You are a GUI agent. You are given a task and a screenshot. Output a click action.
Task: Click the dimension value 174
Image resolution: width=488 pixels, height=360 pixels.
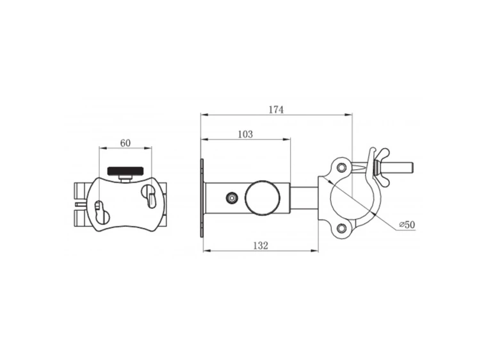point(275,110)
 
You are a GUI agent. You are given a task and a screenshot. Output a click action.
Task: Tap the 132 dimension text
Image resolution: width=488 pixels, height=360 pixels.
point(259,245)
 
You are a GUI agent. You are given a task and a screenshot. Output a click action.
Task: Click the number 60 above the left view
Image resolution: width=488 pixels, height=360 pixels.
point(125,143)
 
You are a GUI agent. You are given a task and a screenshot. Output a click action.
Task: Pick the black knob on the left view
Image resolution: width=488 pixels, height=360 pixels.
point(126,171)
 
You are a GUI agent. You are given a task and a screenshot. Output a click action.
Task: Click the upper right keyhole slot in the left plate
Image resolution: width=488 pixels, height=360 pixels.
point(149,194)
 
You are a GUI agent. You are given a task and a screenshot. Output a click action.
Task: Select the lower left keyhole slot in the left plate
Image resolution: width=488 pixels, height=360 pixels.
point(100,212)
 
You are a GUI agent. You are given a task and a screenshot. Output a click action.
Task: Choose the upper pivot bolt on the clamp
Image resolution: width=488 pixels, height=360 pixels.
point(341,168)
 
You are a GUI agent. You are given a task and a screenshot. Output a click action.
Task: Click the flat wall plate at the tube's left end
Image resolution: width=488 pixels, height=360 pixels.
point(202,198)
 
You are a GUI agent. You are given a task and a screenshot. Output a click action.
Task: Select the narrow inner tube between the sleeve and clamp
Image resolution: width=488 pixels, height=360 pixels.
point(304,197)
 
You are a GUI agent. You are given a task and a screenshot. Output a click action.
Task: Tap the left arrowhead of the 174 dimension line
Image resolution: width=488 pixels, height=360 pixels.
point(204,115)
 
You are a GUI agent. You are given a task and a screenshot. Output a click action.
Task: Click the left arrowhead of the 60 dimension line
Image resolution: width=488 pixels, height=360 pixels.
point(102,148)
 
